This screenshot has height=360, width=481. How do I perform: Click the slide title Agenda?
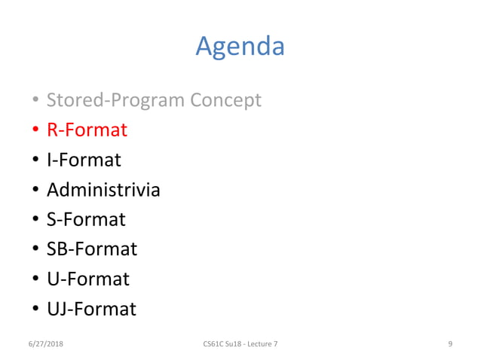pyautogui.click(x=240, y=47)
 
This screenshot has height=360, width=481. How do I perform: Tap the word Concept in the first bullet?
pyautogui.click(x=225, y=99)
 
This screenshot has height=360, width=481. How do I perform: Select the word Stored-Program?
pyautogui.click(x=116, y=99)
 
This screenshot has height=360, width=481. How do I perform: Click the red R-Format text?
pyautogui.click(x=87, y=130)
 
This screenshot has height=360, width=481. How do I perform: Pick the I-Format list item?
pyautogui.click(x=84, y=160)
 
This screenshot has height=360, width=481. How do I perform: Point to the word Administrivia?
pyautogui.click(x=103, y=189)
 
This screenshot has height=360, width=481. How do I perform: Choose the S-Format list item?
pyautogui.click(x=86, y=219)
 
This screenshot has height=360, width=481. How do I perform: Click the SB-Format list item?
pyautogui.click(x=92, y=249)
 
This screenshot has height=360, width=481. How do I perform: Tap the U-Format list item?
pyautogui.click(x=87, y=279)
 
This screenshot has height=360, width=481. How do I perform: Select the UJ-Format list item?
pyautogui.click(x=91, y=309)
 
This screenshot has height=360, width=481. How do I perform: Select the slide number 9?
pyautogui.click(x=449, y=344)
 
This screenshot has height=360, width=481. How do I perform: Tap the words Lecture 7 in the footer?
pyautogui.click(x=261, y=344)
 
